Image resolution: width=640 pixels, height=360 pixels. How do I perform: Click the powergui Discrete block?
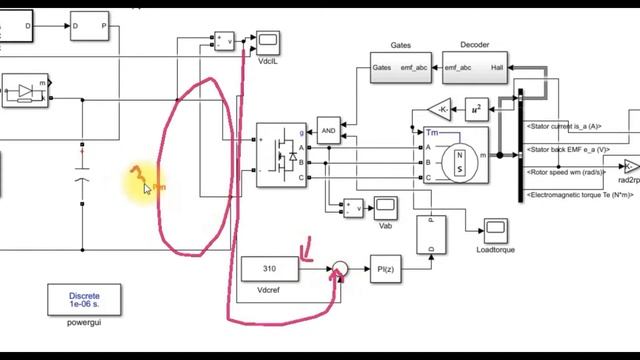pyautogui.click(x=84, y=299)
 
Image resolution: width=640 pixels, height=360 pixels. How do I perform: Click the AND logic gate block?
pyautogui.click(x=328, y=132)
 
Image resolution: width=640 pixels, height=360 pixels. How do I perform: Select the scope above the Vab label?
pyautogui.click(x=385, y=207)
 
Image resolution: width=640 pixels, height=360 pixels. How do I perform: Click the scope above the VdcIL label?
pyautogui.click(x=268, y=41)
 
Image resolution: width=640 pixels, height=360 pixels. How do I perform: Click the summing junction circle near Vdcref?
pyautogui.click(x=340, y=269)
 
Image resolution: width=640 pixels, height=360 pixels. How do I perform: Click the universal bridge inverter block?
pyautogui.click(x=281, y=155)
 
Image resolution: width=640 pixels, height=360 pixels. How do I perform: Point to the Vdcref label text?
pyautogui.click(x=267, y=290)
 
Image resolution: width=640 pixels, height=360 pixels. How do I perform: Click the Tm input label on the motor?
pyautogui.click(x=432, y=133)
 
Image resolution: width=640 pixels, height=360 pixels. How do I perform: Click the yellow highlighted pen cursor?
pyautogui.click(x=144, y=184)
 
